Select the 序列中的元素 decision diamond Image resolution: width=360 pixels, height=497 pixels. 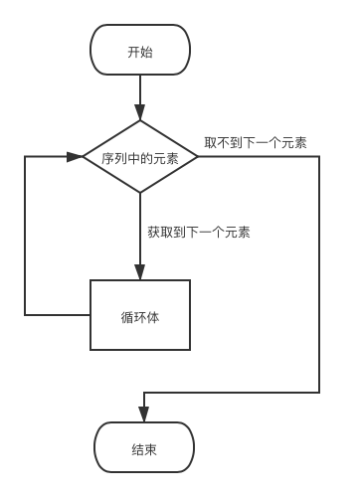tap(140, 158)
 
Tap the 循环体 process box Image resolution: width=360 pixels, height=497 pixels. tap(140, 315)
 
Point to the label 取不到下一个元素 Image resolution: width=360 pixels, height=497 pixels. tap(256, 143)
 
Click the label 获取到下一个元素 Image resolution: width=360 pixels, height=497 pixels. tap(198, 233)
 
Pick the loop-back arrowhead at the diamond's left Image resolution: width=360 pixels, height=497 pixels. tap(75, 157)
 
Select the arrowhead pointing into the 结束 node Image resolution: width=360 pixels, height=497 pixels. tap(144, 415)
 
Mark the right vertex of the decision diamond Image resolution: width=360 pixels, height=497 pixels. tap(199, 158)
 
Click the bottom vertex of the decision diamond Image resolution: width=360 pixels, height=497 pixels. tap(140, 197)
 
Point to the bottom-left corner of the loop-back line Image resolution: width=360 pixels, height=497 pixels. tap(26, 315)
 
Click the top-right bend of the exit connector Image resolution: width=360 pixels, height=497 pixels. tap(320, 158)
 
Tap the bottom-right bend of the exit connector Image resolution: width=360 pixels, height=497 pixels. tap(320, 393)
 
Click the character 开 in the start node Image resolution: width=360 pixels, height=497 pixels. tap(133, 51)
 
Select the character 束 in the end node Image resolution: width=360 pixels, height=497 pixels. tap(151, 448)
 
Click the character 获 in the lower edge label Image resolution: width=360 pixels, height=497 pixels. tap(153, 233)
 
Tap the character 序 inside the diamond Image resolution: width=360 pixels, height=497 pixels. tap(107, 158)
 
